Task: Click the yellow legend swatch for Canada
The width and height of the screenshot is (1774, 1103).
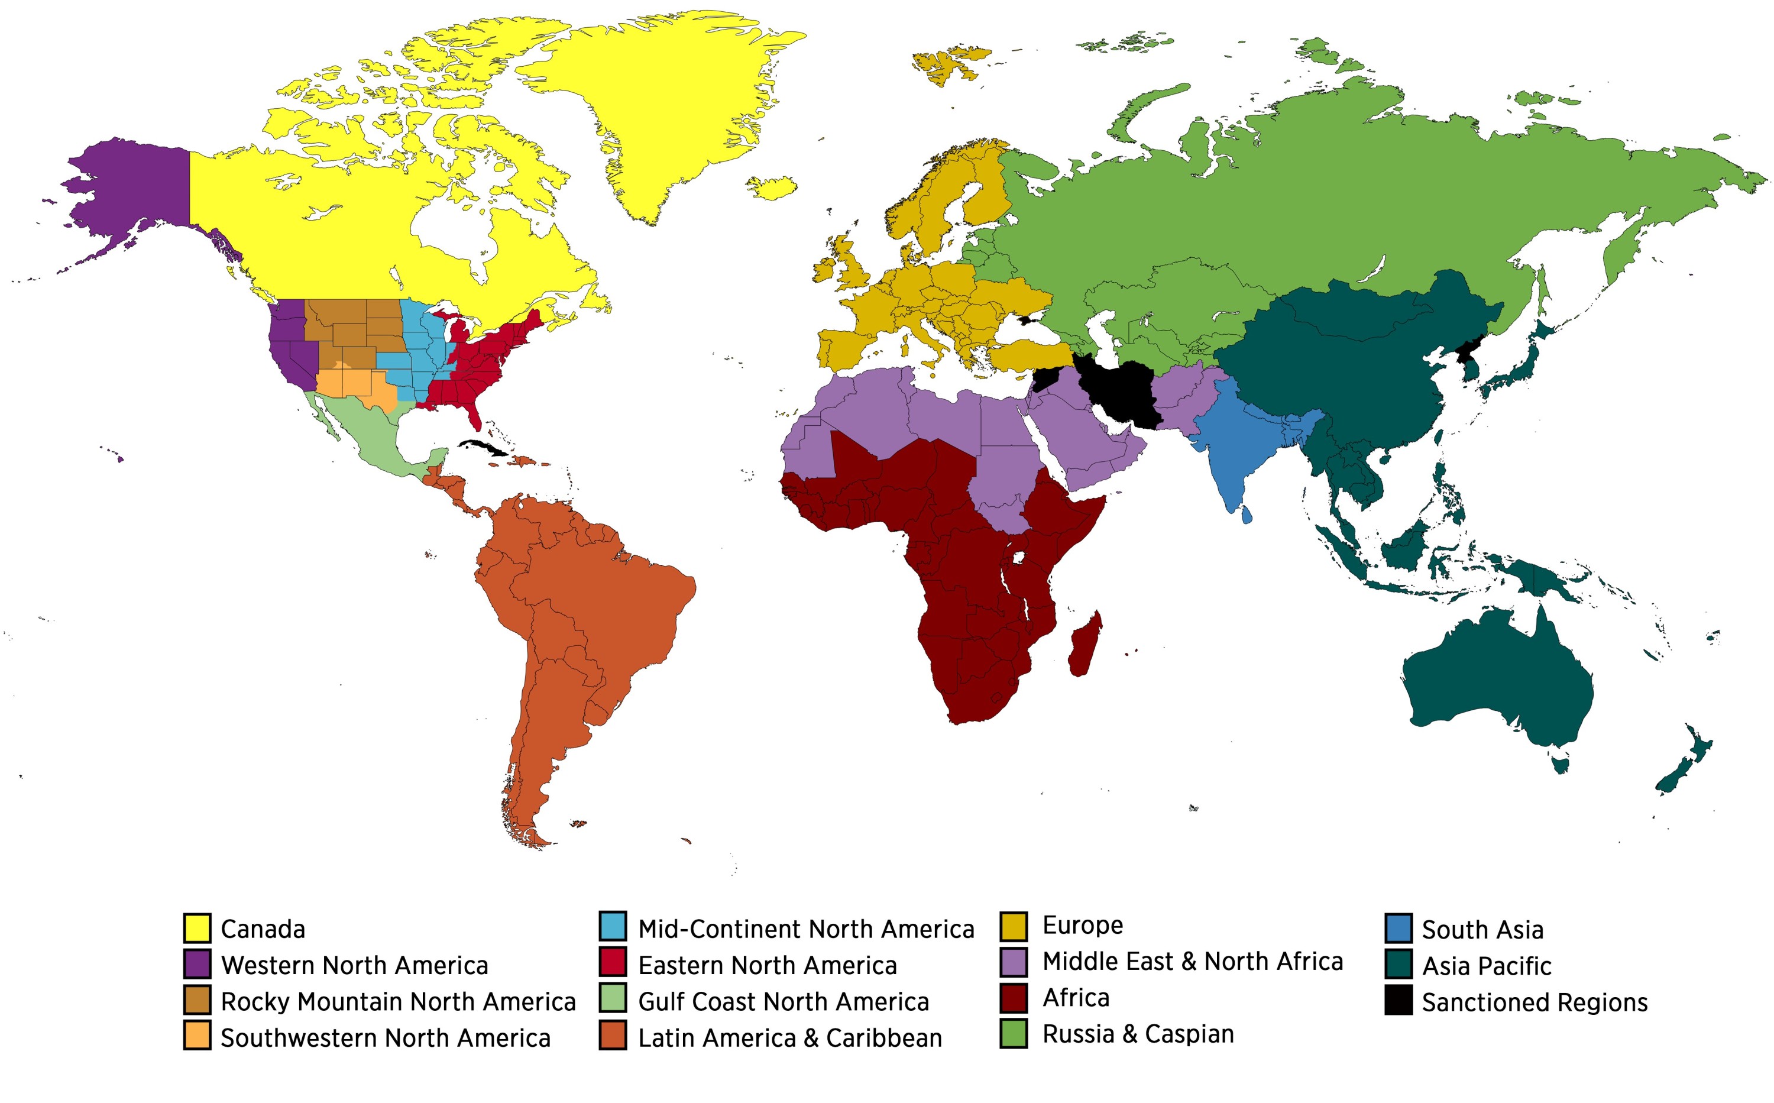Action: tap(197, 928)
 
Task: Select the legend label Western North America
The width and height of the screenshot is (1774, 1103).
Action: tap(355, 965)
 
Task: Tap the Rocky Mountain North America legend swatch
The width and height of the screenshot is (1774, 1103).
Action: tap(197, 1000)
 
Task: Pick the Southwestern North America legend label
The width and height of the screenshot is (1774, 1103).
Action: tap(385, 1037)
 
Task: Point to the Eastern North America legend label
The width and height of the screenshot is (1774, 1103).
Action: tap(768, 965)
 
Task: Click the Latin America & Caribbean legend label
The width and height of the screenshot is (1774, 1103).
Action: tap(790, 1037)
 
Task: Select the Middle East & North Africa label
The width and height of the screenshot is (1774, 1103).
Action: tap(1193, 962)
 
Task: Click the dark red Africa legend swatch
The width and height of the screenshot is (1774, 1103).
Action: tap(1013, 998)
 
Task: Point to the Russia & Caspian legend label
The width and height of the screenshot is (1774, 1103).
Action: tap(1138, 1034)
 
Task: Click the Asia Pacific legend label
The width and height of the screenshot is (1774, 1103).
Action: tap(1487, 966)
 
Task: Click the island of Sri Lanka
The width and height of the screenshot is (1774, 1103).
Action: tap(1246, 516)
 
